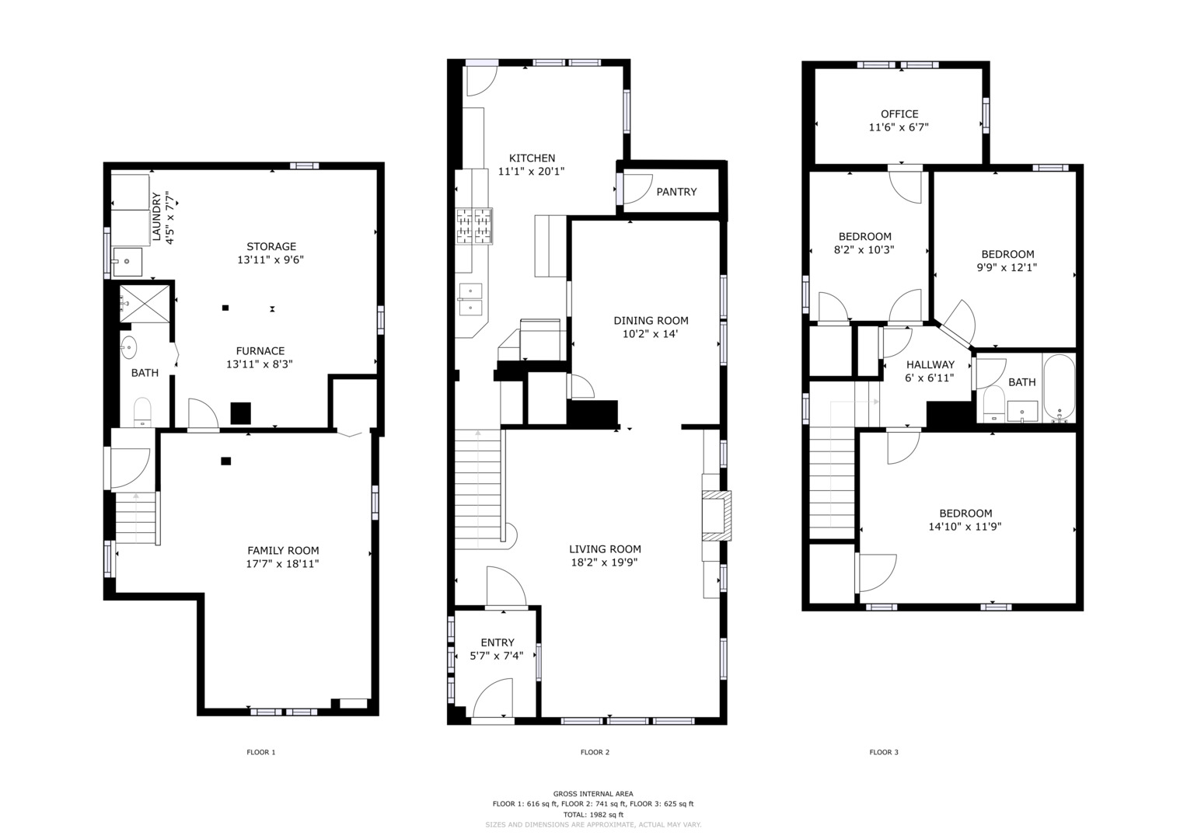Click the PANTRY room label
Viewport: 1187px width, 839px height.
pos(676,192)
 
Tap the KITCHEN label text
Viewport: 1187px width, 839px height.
pos(532,158)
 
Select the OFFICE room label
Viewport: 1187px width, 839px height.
pos(899,114)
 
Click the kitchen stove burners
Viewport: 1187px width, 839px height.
pos(474,226)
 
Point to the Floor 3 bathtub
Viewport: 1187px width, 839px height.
pos(1059,388)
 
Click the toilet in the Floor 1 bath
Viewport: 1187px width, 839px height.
pos(142,412)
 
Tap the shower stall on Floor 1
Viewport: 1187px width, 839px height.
pos(145,304)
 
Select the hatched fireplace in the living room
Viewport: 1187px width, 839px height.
pos(717,515)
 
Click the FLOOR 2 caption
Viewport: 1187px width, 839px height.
pos(595,752)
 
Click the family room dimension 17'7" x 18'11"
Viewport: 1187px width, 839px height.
pos(282,563)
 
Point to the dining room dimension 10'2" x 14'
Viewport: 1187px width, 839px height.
pos(650,334)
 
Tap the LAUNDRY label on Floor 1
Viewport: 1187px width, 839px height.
pos(156,217)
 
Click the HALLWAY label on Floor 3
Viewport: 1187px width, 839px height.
pos(930,364)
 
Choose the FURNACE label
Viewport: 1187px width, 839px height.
pos(260,350)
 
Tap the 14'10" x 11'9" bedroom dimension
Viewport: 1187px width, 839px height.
pos(965,527)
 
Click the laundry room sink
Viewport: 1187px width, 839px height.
pos(127,262)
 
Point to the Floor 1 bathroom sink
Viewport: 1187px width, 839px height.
pos(129,347)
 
